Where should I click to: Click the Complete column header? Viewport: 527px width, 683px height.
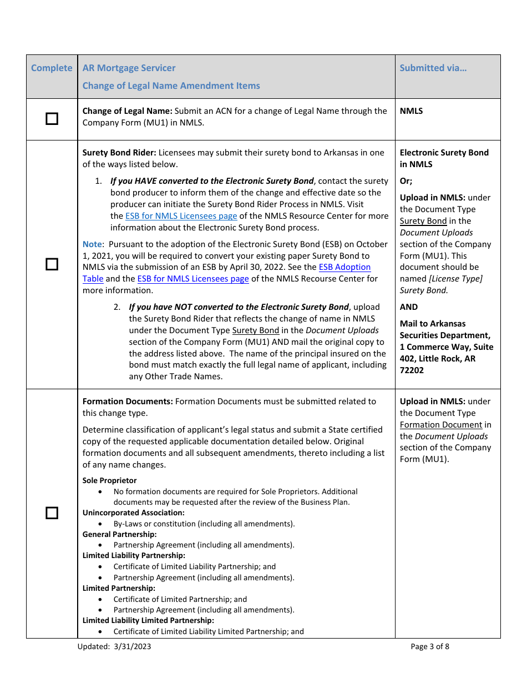click(x=52, y=68)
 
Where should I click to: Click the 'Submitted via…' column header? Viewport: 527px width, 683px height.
click(x=433, y=68)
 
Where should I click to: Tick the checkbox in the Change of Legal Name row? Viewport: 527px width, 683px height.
click(x=52, y=119)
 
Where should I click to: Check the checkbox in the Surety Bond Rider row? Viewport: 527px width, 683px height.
click(x=52, y=264)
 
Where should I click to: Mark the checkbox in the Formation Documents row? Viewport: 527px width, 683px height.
click(x=52, y=513)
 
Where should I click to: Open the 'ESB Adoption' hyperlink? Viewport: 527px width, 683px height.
click(x=344, y=267)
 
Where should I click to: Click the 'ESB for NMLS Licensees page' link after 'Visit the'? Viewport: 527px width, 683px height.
click(x=181, y=216)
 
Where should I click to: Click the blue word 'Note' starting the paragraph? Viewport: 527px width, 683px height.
click(x=92, y=244)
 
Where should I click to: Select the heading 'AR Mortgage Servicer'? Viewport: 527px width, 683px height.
click(x=129, y=68)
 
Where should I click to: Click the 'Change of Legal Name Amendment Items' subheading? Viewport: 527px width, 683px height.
click(x=171, y=86)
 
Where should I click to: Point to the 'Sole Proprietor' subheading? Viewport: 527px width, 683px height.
click(x=109, y=480)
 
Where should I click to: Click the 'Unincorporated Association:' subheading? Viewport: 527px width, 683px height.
click(x=133, y=513)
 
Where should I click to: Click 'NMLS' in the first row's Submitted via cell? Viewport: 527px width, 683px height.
click(x=411, y=111)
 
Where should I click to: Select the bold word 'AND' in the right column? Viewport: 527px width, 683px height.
click(x=409, y=307)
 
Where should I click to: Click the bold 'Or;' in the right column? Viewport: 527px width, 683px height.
click(x=406, y=180)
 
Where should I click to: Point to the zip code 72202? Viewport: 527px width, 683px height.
click(x=412, y=370)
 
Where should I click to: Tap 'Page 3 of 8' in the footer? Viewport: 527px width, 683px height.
click(x=430, y=646)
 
